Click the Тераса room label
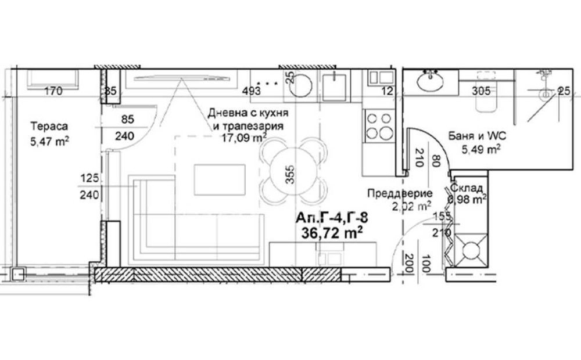(49, 126)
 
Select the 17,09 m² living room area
(244, 138)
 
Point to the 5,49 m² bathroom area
(481, 150)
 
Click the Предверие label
(400, 193)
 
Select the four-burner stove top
(379, 126)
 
